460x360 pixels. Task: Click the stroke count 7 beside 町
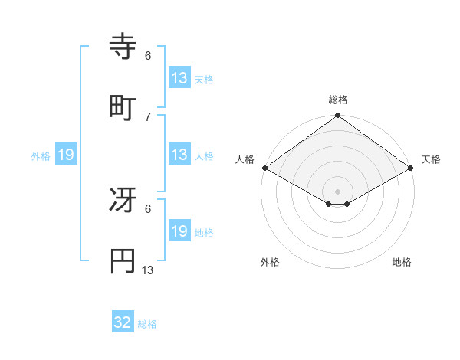[148, 116]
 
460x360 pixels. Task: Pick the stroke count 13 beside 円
[148, 270]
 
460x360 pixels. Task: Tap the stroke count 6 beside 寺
[148, 55]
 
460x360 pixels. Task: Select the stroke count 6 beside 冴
[148, 208]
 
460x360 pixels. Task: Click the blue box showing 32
[123, 322]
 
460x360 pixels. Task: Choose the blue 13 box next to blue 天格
[179, 78]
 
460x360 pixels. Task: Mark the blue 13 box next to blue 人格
[179, 155]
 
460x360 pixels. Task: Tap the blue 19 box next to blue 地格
[179, 231]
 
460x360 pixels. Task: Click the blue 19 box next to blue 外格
[66, 155]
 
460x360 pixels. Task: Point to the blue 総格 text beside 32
[147, 324]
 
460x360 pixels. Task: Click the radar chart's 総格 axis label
[338, 100]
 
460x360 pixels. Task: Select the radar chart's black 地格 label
[402, 263]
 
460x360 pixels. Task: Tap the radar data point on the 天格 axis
[412, 168]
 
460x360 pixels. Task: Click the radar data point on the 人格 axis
[264, 168]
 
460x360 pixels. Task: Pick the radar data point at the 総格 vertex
[338, 116]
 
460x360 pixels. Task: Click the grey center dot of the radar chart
[338, 191]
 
